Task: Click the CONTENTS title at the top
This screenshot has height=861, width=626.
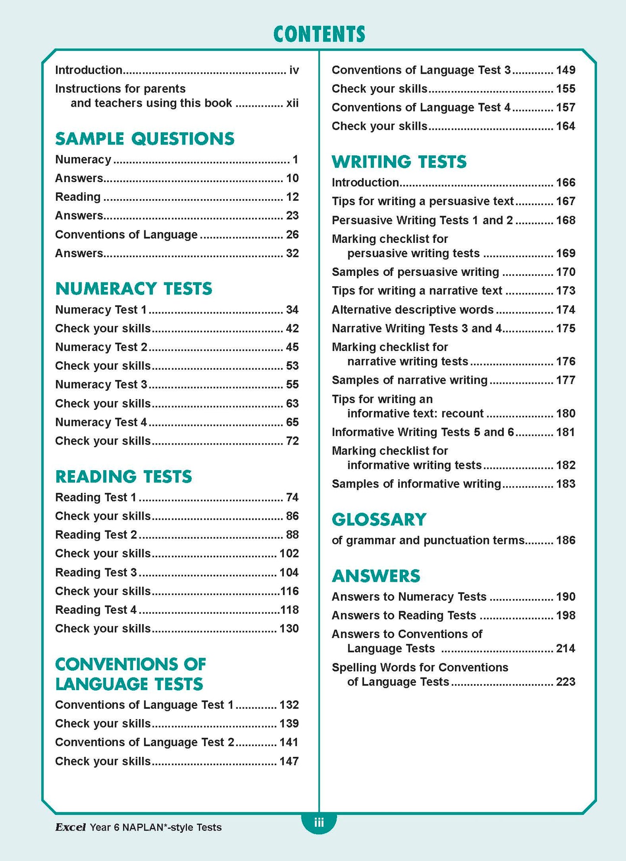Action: tap(319, 34)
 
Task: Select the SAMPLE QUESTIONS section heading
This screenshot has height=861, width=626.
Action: tap(145, 139)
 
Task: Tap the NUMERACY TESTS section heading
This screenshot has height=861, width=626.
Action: tap(134, 289)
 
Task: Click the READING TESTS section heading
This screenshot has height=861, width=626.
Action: tap(123, 477)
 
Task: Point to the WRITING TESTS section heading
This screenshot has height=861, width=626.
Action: tap(399, 162)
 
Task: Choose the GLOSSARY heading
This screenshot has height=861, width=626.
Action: tap(379, 520)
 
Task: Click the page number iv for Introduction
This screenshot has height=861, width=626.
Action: tap(294, 70)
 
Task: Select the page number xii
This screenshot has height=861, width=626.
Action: tap(292, 103)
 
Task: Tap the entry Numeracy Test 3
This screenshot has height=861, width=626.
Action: tap(101, 385)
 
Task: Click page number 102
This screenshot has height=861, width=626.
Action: tap(289, 553)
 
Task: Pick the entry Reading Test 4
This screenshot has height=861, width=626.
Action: tap(96, 610)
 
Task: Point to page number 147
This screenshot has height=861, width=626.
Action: tap(289, 761)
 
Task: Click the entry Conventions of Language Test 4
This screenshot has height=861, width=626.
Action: tap(421, 108)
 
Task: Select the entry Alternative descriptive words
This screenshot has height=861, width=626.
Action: tap(412, 310)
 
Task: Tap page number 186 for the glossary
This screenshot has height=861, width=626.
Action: tap(565, 540)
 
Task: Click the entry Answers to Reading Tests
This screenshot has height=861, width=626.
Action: tap(404, 615)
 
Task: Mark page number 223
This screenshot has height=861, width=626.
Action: tap(565, 682)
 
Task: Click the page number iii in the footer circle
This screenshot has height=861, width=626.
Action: tap(319, 822)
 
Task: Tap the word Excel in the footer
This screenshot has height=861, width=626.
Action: tap(70, 827)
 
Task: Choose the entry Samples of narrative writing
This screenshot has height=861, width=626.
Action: tap(409, 380)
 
